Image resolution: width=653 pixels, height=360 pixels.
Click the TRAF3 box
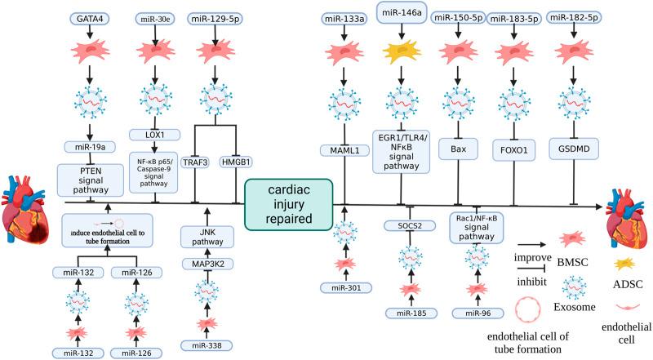[x=195, y=162]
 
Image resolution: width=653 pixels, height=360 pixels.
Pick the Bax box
[x=457, y=150]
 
